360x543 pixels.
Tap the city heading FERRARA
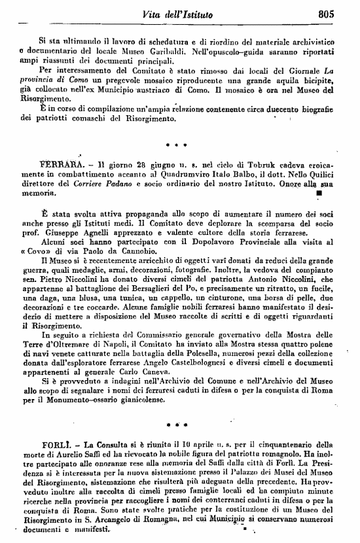pyautogui.click(x=61, y=161)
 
